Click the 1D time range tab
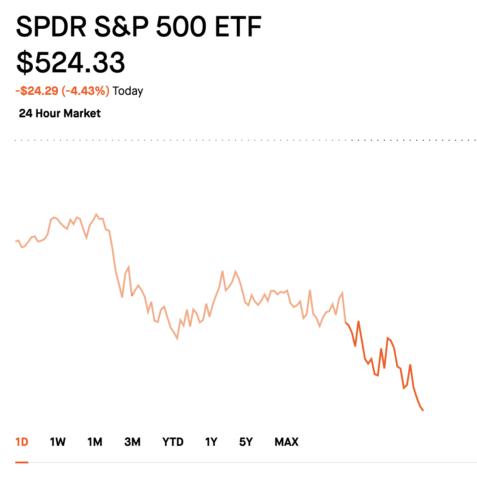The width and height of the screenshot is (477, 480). point(22,442)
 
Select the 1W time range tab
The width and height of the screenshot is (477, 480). point(57,442)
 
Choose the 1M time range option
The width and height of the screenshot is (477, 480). point(95,442)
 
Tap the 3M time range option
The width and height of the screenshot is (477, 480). point(132,442)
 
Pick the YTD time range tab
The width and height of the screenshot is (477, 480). point(173,442)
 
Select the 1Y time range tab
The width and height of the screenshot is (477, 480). point(211,442)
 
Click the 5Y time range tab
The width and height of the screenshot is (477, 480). point(246,442)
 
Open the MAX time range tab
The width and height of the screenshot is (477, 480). point(287,442)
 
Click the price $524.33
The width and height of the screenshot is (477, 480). point(71,62)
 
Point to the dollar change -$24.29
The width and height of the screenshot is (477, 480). point(37,91)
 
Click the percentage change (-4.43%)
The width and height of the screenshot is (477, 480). point(85,91)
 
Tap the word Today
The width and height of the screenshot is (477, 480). point(128,91)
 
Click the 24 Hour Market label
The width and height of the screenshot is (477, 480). point(60,113)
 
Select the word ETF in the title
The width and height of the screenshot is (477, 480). point(238,27)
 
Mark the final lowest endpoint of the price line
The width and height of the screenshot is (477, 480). point(423,410)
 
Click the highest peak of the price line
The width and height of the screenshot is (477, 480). point(96,214)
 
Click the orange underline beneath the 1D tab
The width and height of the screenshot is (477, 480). point(22,462)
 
